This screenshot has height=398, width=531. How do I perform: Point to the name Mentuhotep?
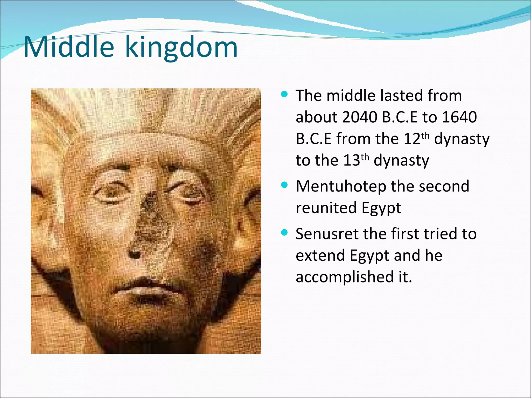[x=341, y=187]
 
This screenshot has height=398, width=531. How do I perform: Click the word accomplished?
[x=345, y=277]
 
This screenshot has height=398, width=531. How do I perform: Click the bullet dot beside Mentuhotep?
[x=284, y=185]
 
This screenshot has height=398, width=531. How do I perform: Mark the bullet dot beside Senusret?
[x=284, y=232]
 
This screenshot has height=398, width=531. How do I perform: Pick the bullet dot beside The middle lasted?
[x=284, y=94]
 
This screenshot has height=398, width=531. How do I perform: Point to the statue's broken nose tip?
[x=135, y=253]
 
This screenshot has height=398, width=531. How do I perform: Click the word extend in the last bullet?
[x=320, y=255]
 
